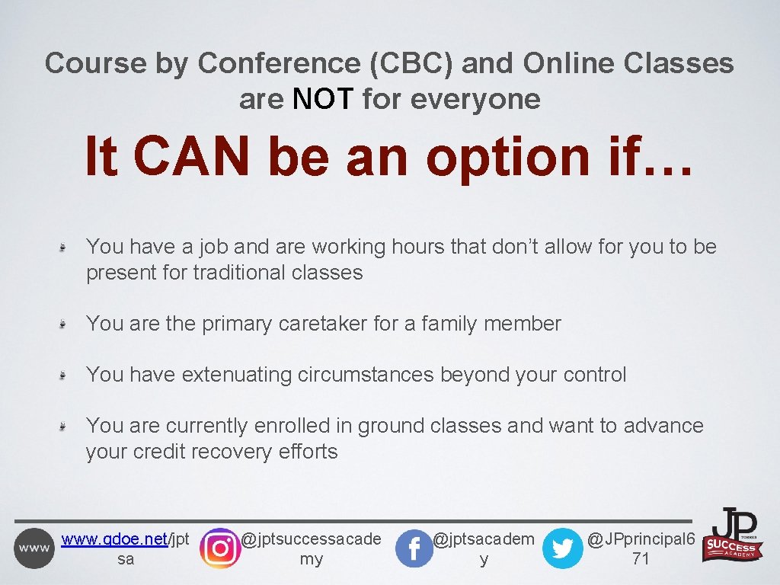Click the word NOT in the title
[x=323, y=99]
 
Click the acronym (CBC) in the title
[x=411, y=63]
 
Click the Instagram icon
[x=219, y=548]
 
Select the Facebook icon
[x=414, y=548]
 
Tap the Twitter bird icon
[x=562, y=548]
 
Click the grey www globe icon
[x=34, y=548]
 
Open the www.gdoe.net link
[x=113, y=540]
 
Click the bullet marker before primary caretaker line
[x=66, y=324]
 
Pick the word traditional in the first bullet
[x=239, y=273]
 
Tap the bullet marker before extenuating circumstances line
[x=66, y=376]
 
